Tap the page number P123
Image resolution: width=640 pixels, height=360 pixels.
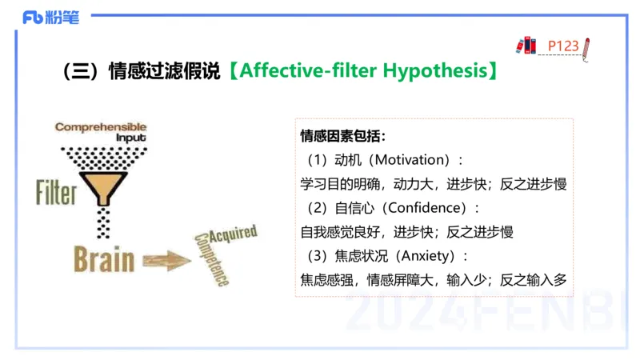click(563, 46)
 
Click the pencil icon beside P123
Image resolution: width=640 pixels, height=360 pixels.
click(586, 48)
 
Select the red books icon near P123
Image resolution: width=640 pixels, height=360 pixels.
click(526, 45)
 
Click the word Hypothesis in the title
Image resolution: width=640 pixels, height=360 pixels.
click(433, 71)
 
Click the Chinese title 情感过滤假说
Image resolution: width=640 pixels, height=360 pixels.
click(164, 71)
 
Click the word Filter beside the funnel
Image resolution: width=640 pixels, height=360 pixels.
click(56, 193)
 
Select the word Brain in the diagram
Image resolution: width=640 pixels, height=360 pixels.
click(104, 259)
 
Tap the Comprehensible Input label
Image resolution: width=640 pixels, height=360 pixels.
click(101, 131)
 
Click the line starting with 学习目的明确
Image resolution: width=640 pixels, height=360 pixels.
click(433, 184)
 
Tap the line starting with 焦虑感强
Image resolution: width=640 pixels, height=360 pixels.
click(433, 280)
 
